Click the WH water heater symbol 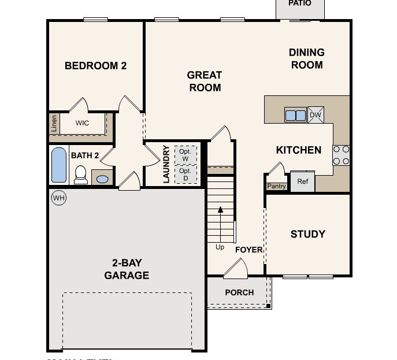coord(58,198)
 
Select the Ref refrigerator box coord(302,181)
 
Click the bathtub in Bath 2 coord(59,165)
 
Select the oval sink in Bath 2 coord(102,179)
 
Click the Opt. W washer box coord(185,155)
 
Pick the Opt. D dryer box coord(185,175)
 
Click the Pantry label coord(276,186)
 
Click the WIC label coord(82,123)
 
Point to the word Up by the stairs coord(220,247)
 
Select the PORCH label coord(239,292)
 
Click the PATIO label coord(299,3)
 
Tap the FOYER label coord(248,250)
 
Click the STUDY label coord(307,234)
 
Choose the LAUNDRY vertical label coord(166,164)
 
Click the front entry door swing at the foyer coord(236,268)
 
